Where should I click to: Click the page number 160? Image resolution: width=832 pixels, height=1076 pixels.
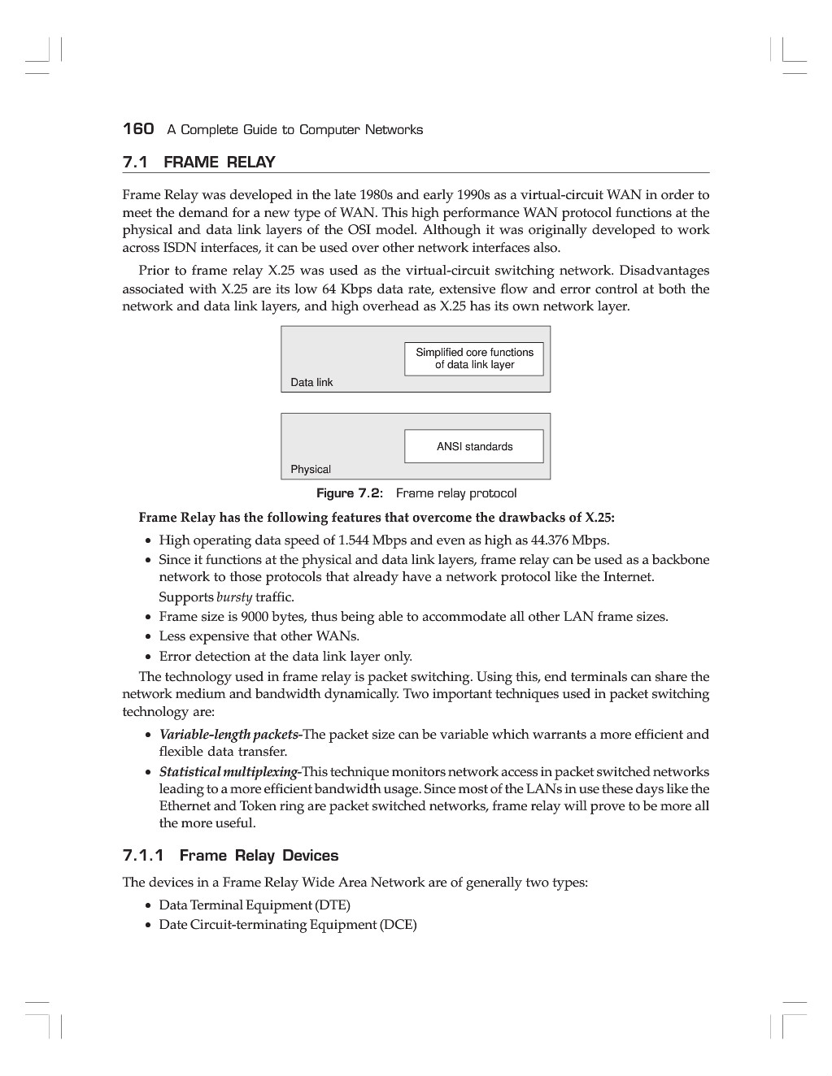pos(137,129)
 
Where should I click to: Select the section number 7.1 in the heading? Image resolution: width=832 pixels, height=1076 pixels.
pos(135,162)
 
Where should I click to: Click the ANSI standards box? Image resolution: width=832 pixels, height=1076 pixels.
pos(474,446)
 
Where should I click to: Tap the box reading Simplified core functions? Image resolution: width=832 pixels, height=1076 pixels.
pos(474,358)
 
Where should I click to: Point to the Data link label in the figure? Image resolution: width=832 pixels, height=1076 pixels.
pos(311,382)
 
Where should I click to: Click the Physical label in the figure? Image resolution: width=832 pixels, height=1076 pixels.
pos(311,469)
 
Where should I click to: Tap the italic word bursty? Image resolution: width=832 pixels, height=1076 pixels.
pos(234,597)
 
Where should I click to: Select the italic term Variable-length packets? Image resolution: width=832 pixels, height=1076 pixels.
pos(229,735)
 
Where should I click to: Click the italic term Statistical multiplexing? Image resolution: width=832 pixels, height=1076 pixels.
pos(229,771)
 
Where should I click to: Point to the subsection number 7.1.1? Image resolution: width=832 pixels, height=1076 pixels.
pos(143,856)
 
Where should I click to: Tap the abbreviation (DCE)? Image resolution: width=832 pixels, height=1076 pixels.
pos(398,924)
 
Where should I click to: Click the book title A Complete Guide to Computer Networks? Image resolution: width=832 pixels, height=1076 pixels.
pos(294,130)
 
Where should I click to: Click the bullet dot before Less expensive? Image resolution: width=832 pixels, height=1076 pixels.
pos(148,637)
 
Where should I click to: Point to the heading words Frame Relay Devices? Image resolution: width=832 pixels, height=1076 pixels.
pos(259,856)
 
